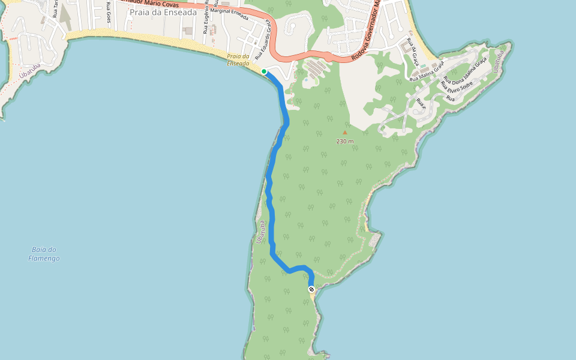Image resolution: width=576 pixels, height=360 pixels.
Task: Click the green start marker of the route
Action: point(264,71)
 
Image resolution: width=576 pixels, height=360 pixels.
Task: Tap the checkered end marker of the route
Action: point(311,289)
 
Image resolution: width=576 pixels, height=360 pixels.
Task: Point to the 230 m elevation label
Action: point(345,141)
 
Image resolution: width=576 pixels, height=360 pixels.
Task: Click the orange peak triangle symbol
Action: point(344,133)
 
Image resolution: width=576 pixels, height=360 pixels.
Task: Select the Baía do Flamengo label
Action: point(44,254)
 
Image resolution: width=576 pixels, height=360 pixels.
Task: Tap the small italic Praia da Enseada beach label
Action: point(238,60)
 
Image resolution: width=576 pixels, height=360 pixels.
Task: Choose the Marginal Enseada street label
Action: point(230,14)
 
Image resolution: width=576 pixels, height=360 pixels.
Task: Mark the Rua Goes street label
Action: point(108,13)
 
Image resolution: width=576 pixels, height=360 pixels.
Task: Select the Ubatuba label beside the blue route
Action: point(260,232)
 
